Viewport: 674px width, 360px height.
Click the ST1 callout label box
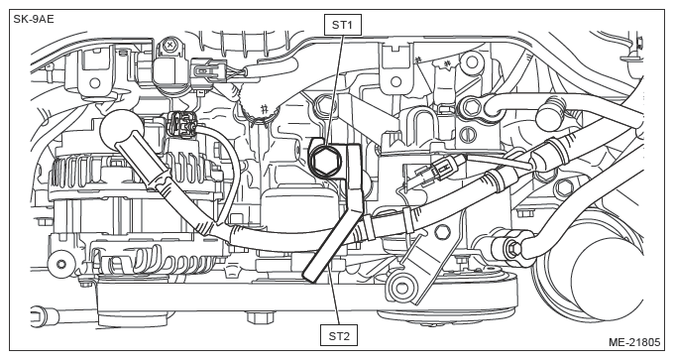[x=342, y=25]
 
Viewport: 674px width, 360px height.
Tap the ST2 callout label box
[x=339, y=335]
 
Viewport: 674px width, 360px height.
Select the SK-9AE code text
[x=34, y=20]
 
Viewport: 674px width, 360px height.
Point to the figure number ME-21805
[x=634, y=342]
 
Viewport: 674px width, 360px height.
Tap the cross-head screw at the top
[x=170, y=45]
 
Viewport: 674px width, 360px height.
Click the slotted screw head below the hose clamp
[x=468, y=135]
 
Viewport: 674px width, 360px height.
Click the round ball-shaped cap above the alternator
[x=122, y=129]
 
